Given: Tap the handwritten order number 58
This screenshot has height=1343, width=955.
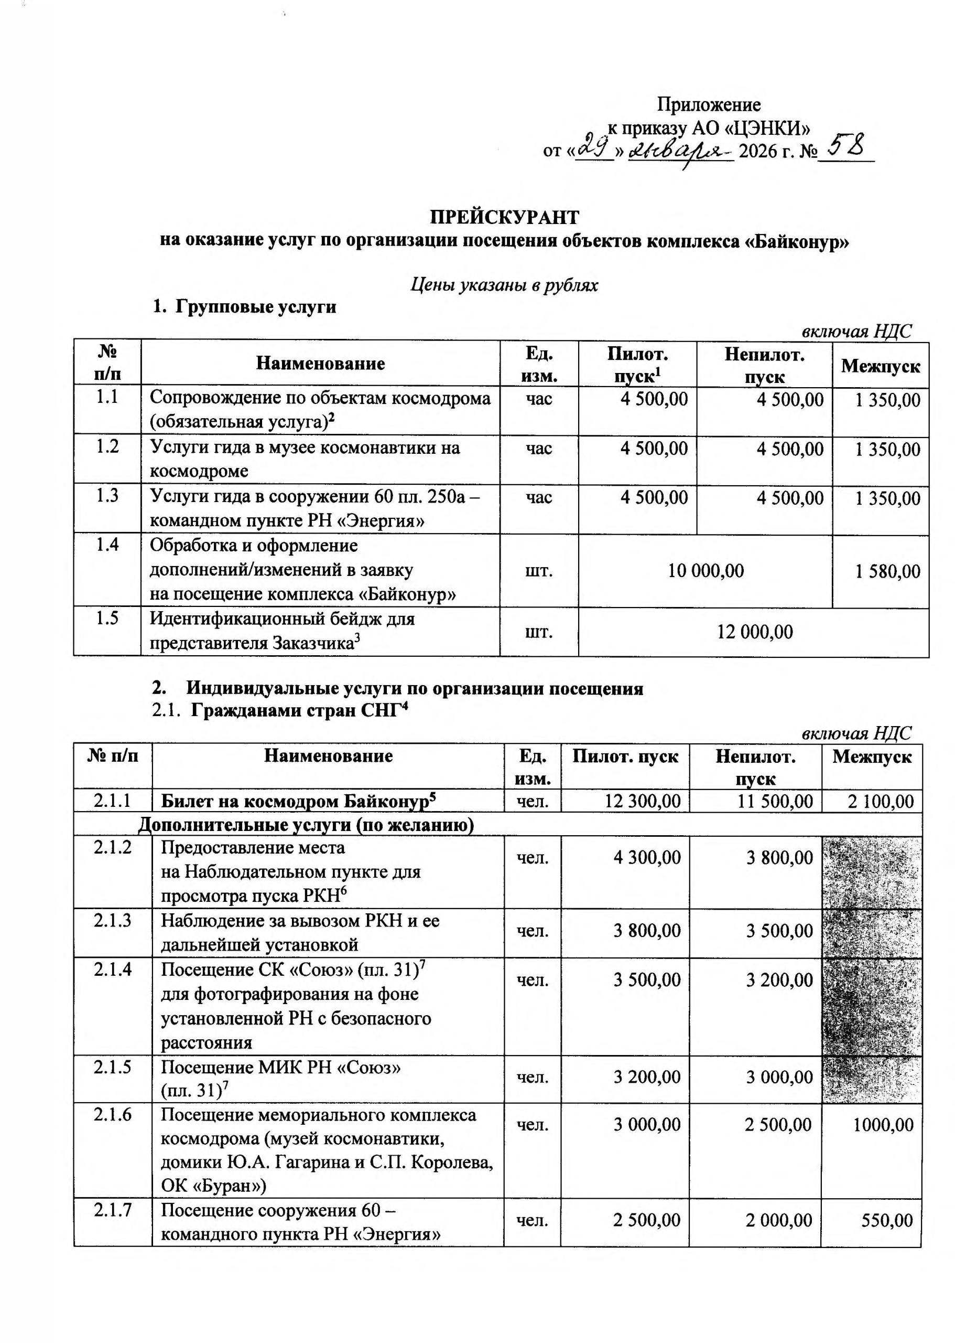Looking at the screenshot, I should [x=844, y=145].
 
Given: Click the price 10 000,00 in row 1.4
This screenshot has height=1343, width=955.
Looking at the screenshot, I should [x=705, y=570].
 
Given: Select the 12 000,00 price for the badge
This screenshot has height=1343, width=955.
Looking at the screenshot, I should [x=754, y=632].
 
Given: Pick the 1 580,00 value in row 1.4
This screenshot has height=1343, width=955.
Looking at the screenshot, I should [x=887, y=571].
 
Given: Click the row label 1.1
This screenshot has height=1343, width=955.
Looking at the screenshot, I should [x=107, y=398].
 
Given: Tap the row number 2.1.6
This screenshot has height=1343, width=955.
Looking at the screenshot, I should [x=112, y=1114].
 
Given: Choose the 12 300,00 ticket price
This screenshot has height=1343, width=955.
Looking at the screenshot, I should [x=642, y=801].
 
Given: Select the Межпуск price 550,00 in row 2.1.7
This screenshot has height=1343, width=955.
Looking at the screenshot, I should [x=887, y=1221].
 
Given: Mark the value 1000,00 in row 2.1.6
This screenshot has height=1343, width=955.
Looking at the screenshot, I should [x=883, y=1125].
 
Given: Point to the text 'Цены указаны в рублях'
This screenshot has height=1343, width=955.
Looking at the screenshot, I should [x=503, y=285].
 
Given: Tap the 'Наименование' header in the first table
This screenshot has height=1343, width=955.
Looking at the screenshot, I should [x=320, y=364].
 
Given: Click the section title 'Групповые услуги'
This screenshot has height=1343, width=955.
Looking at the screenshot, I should [x=255, y=307].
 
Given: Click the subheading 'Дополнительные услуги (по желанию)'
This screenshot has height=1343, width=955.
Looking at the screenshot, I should [x=306, y=825].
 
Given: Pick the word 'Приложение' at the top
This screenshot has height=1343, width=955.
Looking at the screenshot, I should [x=708, y=105].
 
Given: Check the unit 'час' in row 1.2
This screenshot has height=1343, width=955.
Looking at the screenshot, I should [x=538, y=449].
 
